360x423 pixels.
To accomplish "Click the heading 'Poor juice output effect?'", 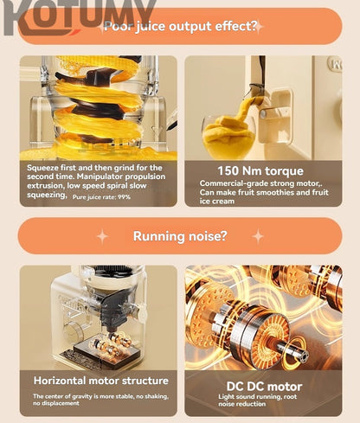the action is [180, 26].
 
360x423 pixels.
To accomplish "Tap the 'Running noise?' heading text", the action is [180, 236].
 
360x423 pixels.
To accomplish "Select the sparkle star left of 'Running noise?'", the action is [102, 236].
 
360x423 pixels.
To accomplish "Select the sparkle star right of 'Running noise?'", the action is [258, 236].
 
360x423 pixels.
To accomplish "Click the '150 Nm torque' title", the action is [260, 170].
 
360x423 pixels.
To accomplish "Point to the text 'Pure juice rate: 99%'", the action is [101, 197].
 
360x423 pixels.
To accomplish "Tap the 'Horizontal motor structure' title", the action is [101, 381].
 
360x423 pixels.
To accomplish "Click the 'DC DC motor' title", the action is [264, 387].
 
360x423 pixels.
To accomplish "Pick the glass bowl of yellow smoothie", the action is [229, 138].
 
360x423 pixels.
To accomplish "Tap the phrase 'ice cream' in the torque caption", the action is [217, 202].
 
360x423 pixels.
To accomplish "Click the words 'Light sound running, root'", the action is [258, 397].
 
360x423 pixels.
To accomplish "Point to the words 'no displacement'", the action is [56, 403].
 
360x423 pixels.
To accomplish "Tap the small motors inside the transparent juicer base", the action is [112, 343].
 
